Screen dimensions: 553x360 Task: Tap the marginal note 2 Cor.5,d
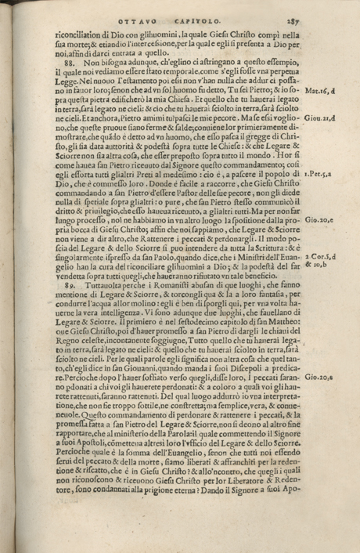[322, 233]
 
